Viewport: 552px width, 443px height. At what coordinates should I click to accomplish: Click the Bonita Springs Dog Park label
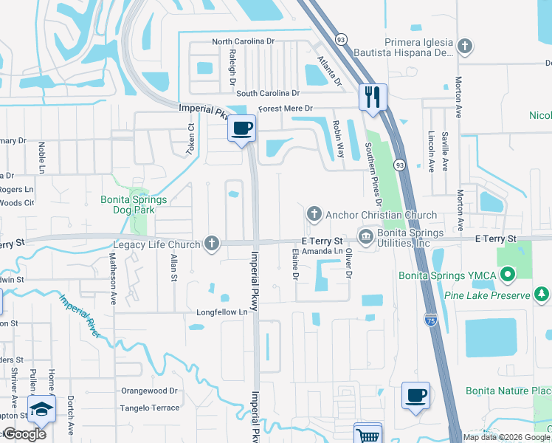pos(134,205)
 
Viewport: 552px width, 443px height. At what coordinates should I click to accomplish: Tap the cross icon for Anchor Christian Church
pos(314,215)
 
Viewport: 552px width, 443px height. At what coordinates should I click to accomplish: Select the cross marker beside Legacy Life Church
pos(212,244)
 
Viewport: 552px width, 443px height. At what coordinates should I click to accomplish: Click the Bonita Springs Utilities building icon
pos(365,236)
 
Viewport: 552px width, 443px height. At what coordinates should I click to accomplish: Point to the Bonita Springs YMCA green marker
pos(507,275)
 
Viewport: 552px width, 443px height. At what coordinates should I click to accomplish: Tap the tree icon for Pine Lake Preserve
pos(542,295)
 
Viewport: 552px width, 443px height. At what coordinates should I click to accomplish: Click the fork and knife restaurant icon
pos(372,97)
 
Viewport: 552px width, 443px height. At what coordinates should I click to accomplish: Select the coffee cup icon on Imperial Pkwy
pos(241,129)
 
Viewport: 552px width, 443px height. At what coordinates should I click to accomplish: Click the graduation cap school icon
pos(41,409)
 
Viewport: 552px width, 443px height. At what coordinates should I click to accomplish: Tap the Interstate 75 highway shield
pos(431,319)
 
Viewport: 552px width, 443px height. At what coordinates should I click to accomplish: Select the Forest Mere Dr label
pos(283,109)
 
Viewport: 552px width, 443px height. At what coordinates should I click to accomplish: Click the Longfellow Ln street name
pos(221,312)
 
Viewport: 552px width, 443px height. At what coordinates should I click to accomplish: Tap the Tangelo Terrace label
pos(151,408)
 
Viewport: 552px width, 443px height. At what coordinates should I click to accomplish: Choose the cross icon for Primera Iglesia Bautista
pos(464,47)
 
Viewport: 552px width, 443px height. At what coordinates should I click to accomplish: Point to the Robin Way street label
pos(339,140)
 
